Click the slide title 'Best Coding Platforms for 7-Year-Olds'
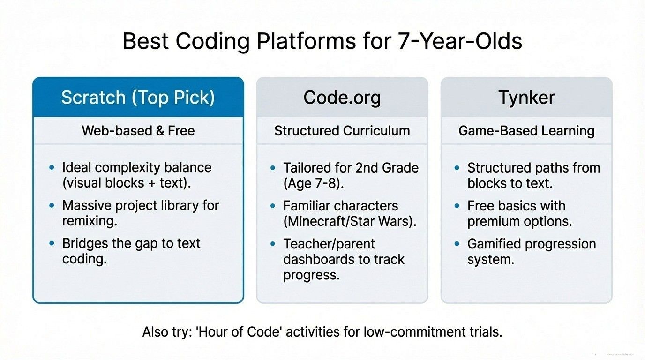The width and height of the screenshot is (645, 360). (x=322, y=42)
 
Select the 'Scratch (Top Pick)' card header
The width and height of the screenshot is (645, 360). (x=138, y=97)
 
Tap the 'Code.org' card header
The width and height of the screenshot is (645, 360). (x=342, y=97)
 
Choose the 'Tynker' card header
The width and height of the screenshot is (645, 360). (x=526, y=97)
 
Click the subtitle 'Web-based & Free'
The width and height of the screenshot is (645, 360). (x=138, y=130)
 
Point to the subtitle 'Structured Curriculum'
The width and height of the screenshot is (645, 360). (x=342, y=130)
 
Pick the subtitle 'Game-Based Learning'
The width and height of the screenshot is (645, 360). (x=526, y=130)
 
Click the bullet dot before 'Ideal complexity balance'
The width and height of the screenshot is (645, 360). (x=52, y=167)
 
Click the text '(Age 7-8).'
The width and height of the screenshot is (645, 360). (x=313, y=183)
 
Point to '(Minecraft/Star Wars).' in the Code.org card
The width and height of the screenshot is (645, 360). (x=350, y=221)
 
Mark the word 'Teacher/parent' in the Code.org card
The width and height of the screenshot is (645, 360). (x=329, y=244)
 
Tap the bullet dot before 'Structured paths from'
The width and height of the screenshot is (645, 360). (x=457, y=167)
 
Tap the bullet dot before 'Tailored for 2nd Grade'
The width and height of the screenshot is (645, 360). (x=272, y=167)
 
